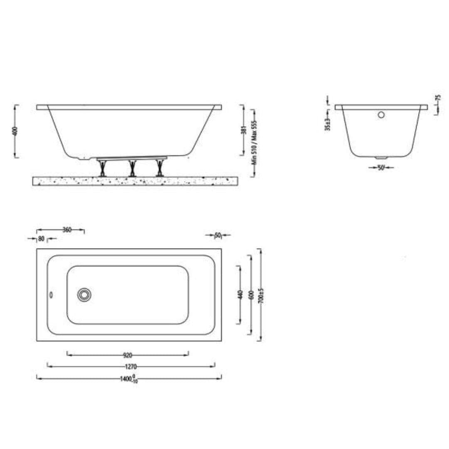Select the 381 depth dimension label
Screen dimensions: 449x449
pos(244,130)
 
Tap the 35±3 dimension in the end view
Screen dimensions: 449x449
pos(328,123)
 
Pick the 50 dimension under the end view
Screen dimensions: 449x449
pos(380,168)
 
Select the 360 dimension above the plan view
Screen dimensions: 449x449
pos(67,229)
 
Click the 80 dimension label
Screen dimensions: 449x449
pos(41,239)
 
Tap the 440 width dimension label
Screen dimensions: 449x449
pos(239,295)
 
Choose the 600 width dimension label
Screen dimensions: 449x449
pos(250,295)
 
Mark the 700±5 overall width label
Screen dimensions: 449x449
pos(261,295)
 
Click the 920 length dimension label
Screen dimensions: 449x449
pos(127,355)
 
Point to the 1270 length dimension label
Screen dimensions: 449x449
pos(131,367)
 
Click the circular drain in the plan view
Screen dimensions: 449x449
pos(84,295)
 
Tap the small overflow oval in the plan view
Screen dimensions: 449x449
pos(51,295)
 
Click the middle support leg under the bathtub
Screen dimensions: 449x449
pos(132,168)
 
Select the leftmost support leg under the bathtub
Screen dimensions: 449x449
pos(101,168)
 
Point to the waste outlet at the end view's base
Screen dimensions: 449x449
pos(381,158)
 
